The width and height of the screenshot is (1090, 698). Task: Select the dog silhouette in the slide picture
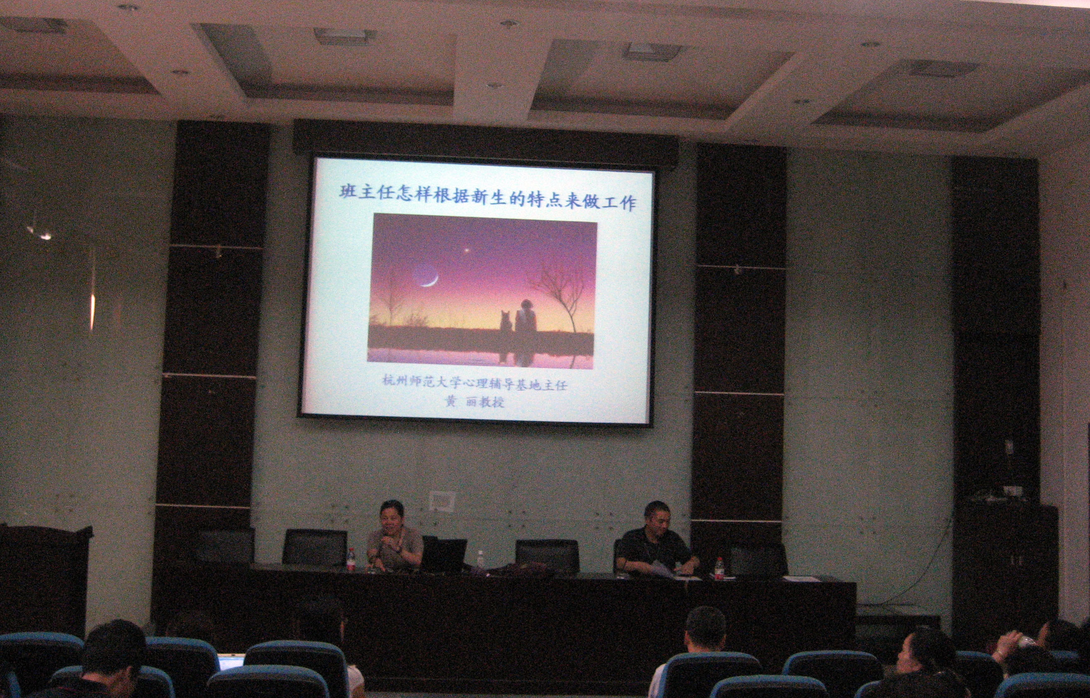[506, 321]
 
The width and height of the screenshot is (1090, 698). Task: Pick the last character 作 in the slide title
[628, 202]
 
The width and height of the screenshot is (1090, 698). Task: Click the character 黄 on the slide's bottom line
[450, 401]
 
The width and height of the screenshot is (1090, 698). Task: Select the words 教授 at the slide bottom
[491, 402]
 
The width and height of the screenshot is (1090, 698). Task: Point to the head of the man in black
[657, 518]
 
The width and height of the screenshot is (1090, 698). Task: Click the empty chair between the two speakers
[547, 555]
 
